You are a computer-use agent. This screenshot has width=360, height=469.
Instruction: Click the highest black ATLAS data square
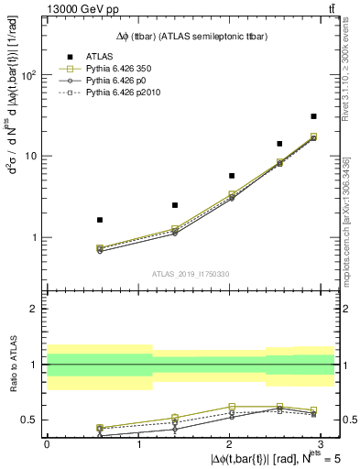click(x=314, y=116)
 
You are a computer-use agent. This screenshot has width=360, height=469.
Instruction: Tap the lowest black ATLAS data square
click(x=100, y=220)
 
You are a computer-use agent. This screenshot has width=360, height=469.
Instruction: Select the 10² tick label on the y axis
click(x=31, y=75)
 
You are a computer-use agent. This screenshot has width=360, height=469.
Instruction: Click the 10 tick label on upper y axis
click(x=33, y=156)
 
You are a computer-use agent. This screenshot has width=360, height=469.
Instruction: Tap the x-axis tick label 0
click(x=47, y=444)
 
